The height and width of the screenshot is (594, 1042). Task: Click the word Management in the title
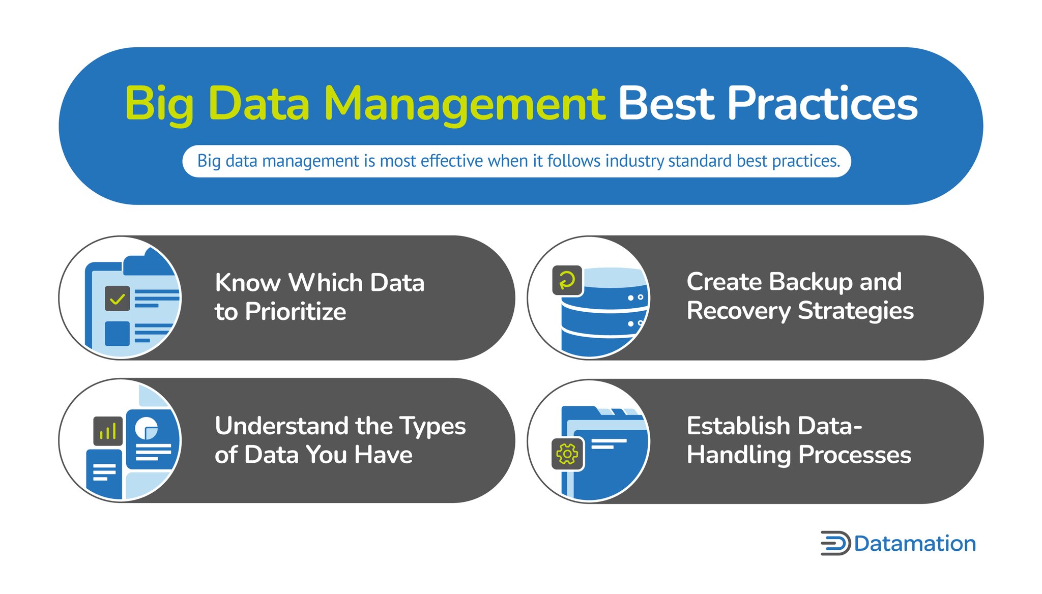coord(464,104)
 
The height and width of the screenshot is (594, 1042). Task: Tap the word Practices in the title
coord(822,104)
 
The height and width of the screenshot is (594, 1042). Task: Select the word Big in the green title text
coord(159,104)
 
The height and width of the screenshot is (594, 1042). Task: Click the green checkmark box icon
coord(117,299)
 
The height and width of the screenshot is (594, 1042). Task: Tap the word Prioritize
coord(295,312)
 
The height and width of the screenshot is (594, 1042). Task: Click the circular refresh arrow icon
coord(567,280)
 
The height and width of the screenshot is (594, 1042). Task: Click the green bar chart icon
coord(108,431)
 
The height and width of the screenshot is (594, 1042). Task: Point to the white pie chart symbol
coord(146,428)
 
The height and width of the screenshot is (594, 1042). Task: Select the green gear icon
coord(567,454)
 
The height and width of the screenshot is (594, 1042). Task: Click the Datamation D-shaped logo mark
coord(835,543)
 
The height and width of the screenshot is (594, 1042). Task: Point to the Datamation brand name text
coord(915,544)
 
